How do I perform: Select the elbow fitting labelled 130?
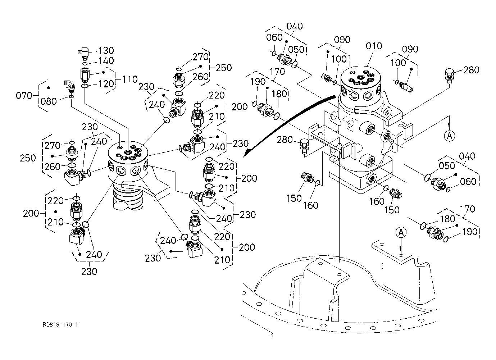pyautogui.click(x=84, y=53)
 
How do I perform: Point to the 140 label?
pyautogui.click(x=106, y=60)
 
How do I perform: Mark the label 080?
pyautogui.click(x=49, y=101)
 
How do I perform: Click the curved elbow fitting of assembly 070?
pyautogui.click(x=69, y=85)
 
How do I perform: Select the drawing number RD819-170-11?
pyautogui.click(x=62, y=325)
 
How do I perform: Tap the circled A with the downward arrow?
pyautogui.click(x=401, y=233)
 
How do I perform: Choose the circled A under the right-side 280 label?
pyautogui.click(x=449, y=136)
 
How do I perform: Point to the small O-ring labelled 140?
pyautogui.click(x=85, y=64)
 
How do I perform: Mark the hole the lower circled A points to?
pyautogui.click(x=401, y=255)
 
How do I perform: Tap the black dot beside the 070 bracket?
pyautogui.click(x=48, y=87)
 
